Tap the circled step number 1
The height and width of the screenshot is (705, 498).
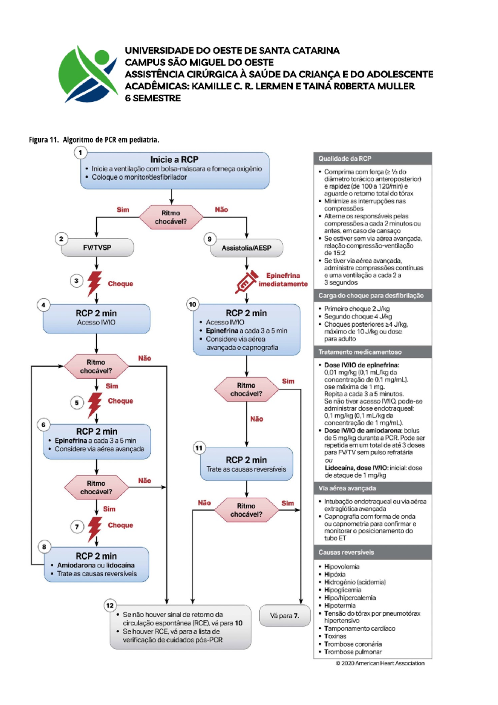point(81,153)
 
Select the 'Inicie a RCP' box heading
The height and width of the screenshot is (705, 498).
point(174,160)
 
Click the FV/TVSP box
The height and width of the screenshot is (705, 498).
point(97,248)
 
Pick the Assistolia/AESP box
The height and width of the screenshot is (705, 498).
point(247,248)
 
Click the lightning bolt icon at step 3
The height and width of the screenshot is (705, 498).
point(95,283)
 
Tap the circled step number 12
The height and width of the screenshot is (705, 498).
point(110,605)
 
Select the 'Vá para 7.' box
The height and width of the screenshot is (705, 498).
point(284,616)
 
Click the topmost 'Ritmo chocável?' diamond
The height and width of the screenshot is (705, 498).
point(171,217)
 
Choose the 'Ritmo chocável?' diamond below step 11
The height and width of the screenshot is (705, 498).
point(247,510)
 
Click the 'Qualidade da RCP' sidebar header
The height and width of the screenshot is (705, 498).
point(344,159)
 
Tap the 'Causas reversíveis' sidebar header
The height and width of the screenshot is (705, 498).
point(346,553)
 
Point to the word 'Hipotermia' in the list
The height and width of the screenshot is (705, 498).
point(339,606)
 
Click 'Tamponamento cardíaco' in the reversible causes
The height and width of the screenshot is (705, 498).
point(359,629)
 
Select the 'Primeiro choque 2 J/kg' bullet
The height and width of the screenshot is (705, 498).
point(356,309)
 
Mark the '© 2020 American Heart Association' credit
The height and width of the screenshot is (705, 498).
point(380,663)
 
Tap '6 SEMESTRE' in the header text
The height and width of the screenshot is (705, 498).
point(153,98)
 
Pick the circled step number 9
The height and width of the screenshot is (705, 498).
point(210,239)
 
